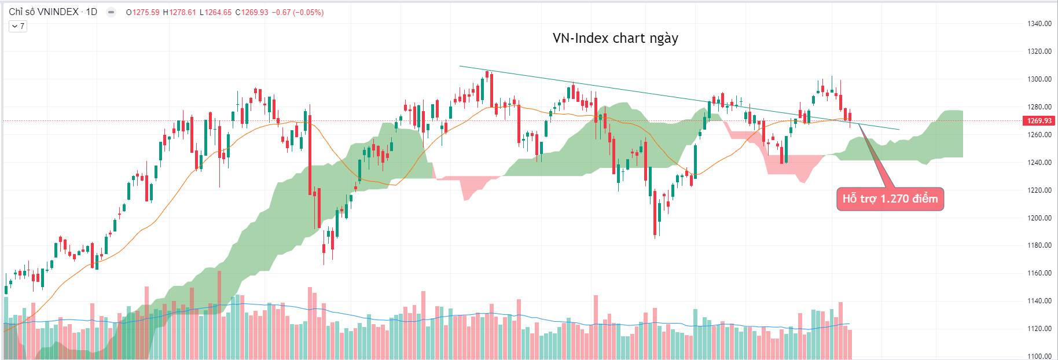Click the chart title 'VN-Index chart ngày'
pos(615,38)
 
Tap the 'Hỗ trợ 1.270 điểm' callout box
pos(890,199)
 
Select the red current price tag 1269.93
pos(1039,121)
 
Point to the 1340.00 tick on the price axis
pos(1039,24)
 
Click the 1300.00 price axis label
pos(1039,79)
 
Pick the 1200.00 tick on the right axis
pos(1039,218)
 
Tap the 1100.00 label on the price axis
pos(1039,357)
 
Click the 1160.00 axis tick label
pos(1039,273)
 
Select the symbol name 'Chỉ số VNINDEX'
pos(43,12)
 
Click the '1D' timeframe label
pos(91,12)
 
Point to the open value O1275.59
pos(142,12)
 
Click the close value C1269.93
pos(252,12)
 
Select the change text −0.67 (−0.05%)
pos(297,12)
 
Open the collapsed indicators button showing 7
pos(17,26)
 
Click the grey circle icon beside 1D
pos(111,12)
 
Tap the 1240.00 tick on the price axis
pos(1039,163)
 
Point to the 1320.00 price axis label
pos(1039,52)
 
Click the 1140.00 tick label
pos(1039,301)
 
